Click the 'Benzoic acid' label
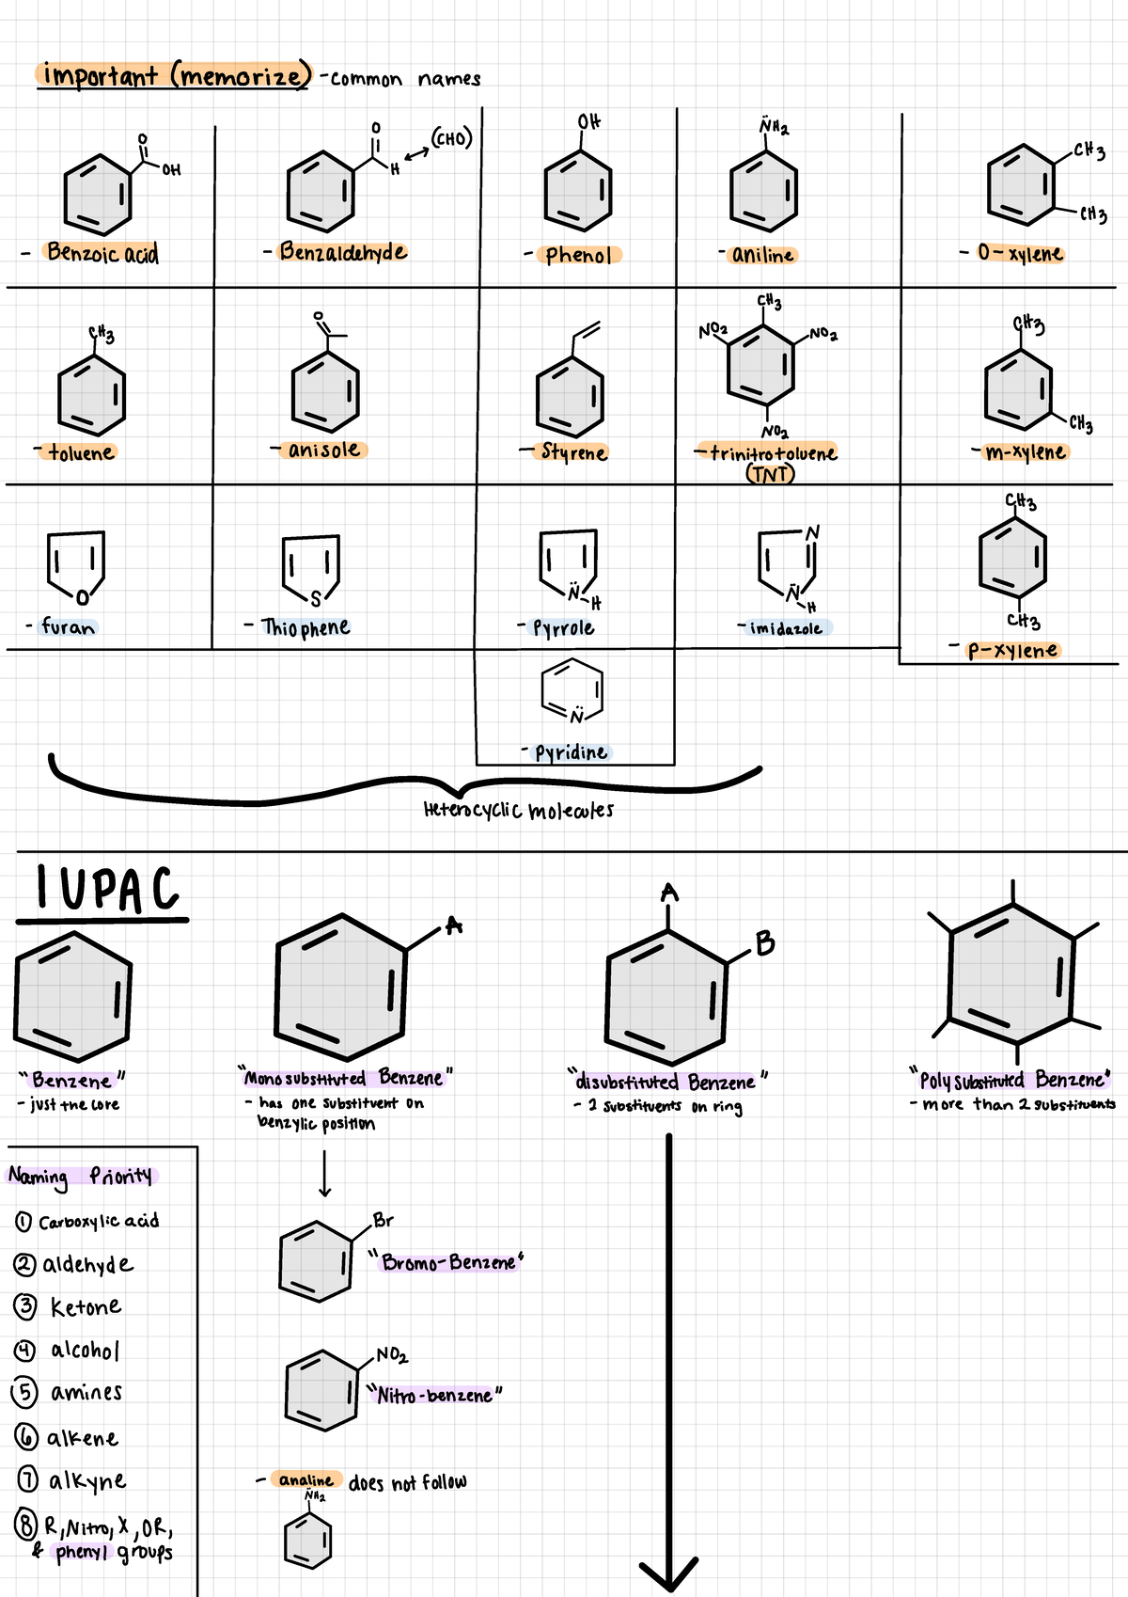tap(102, 253)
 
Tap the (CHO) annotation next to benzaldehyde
tap(451, 139)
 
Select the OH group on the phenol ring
tap(589, 122)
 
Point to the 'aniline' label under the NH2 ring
tap(762, 255)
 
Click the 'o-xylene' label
tap(1020, 253)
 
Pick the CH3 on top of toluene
tap(102, 334)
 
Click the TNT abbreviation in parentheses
tap(770, 474)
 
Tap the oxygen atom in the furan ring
tap(83, 597)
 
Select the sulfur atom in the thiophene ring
tap(316, 598)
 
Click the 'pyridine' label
tap(571, 752)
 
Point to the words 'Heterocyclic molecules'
tap(518, 810)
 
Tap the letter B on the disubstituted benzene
tap(765, 943)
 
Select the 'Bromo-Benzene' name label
tap(449, 1262)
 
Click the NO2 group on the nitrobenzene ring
tap(391, 1355)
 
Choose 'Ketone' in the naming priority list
tap(86, 1307)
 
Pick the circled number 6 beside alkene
tap(26, 1437)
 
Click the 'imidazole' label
tap(786, 628)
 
